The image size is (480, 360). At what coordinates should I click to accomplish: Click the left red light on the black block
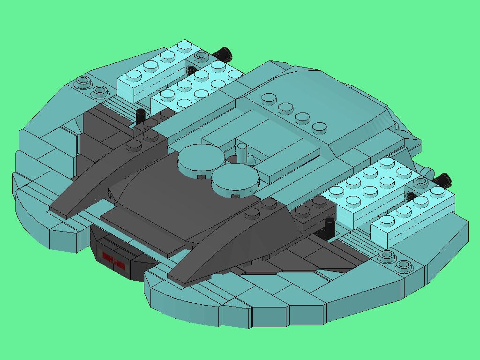click(108, 257)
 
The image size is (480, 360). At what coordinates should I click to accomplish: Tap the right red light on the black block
click(120, 264)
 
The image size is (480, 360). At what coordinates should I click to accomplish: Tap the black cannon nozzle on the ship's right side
click(441, 180)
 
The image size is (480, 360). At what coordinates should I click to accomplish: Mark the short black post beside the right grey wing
click(327, 226)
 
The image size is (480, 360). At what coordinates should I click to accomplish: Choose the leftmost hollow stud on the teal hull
click(83, 83)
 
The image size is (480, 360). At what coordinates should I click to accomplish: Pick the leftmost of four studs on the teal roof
click(269, 98)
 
